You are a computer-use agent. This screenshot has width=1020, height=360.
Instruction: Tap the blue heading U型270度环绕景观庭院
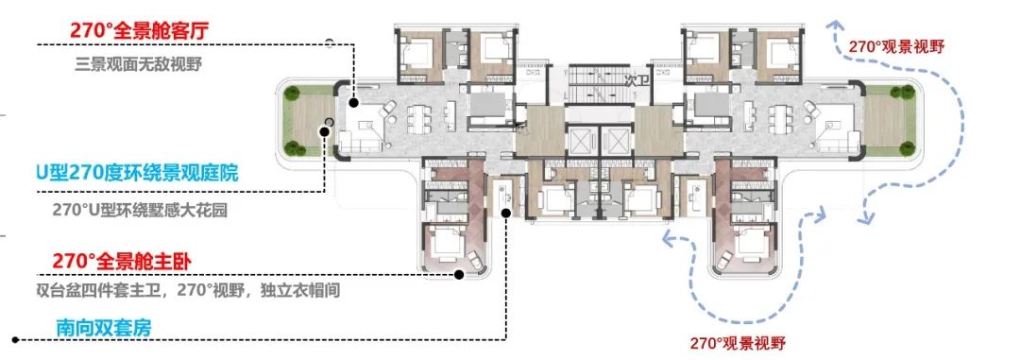coord(137,174)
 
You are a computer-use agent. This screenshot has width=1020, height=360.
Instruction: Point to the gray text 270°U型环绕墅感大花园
coord(140,211)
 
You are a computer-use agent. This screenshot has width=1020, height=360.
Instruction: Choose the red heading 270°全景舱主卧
coord(122,261)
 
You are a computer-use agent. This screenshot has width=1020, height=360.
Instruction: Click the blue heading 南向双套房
coord(104,328)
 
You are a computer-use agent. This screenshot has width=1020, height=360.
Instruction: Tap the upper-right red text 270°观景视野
coord(895,46)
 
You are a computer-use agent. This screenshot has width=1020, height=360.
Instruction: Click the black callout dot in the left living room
coord(353,103)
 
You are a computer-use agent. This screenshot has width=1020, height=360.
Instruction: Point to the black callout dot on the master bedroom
coord(459,275)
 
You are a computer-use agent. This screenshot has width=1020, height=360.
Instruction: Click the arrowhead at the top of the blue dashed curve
coord(833,26)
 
